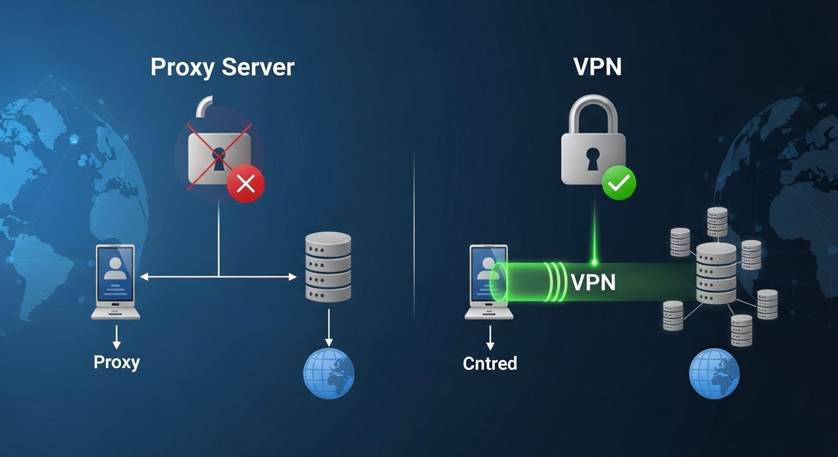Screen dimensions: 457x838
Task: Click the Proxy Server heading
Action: point(223,67)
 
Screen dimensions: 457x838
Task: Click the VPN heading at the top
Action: point(597,67)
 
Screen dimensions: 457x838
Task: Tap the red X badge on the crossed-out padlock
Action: point(246,184)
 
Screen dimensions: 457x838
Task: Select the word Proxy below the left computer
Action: point(117,362)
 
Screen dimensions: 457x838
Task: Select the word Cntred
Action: point(490,363)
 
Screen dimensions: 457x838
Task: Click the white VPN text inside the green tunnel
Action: point(593,282)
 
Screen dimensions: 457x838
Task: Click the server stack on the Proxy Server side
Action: point(328,267)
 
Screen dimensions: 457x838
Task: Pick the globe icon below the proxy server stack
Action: point(329,374)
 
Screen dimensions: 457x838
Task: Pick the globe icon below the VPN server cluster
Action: point(714,374)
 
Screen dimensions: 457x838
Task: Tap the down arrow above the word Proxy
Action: point(117,336)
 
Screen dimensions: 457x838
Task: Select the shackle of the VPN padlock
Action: point(592,111)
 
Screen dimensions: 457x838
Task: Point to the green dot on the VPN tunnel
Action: point(594,263)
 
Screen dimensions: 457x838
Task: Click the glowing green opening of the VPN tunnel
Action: point(499,283)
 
